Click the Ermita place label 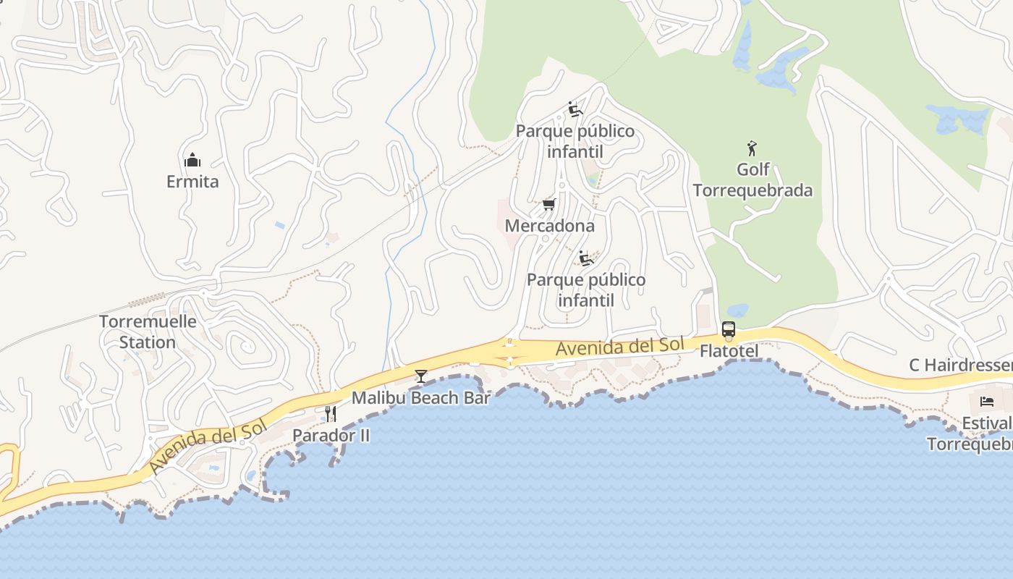tap(192, 181)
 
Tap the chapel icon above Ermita tap(192, 160)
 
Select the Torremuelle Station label tap(148, 331)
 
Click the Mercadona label tap(550, 226)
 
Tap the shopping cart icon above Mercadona tap(549, 205)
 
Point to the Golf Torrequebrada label tap(753, 179)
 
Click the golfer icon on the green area tap(753, 149)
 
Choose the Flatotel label tap(729, 351)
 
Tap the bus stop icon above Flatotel tap(729, 330)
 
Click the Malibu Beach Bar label tap(421, 397)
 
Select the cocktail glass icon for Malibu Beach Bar tap(421, 376)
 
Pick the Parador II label tap(331, 435)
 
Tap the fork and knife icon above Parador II tap(331, 414)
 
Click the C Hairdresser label tap(960, 365)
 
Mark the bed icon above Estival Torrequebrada tap(987, 402)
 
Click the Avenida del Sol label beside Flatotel tap(619, 347)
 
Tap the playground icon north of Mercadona tap(575, 110)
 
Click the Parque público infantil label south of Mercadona tap(586, 289)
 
